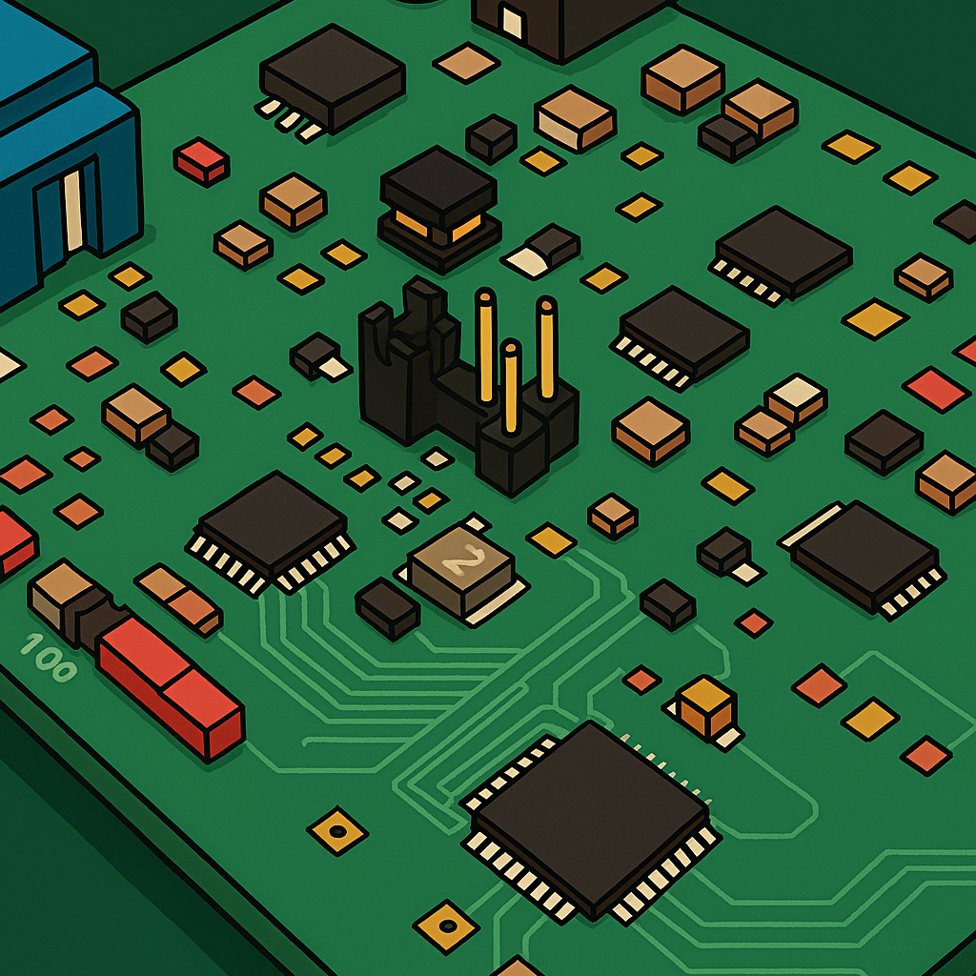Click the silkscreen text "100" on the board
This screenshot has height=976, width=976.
(x=49, y=658)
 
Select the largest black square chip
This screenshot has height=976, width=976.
(x=590, y=818)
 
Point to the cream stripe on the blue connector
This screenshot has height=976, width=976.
(x=72, y=210)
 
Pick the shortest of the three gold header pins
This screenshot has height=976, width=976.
(x=511, y=387)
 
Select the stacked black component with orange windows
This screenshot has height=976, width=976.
(x=439, y=208)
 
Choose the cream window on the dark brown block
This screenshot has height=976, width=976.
(x=513, y=23)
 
